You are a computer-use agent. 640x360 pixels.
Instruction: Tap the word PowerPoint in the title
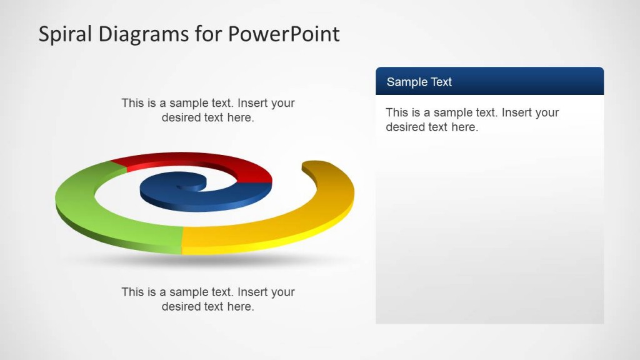point(283,34)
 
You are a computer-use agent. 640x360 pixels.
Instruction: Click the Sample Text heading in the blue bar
point(419,82)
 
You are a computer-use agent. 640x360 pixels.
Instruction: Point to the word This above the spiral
point(132,103)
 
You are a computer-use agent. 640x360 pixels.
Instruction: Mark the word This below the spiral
point(132,292)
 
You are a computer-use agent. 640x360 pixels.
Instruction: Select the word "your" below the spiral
point(284,292)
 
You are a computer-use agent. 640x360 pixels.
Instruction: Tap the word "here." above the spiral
point(241,118)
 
